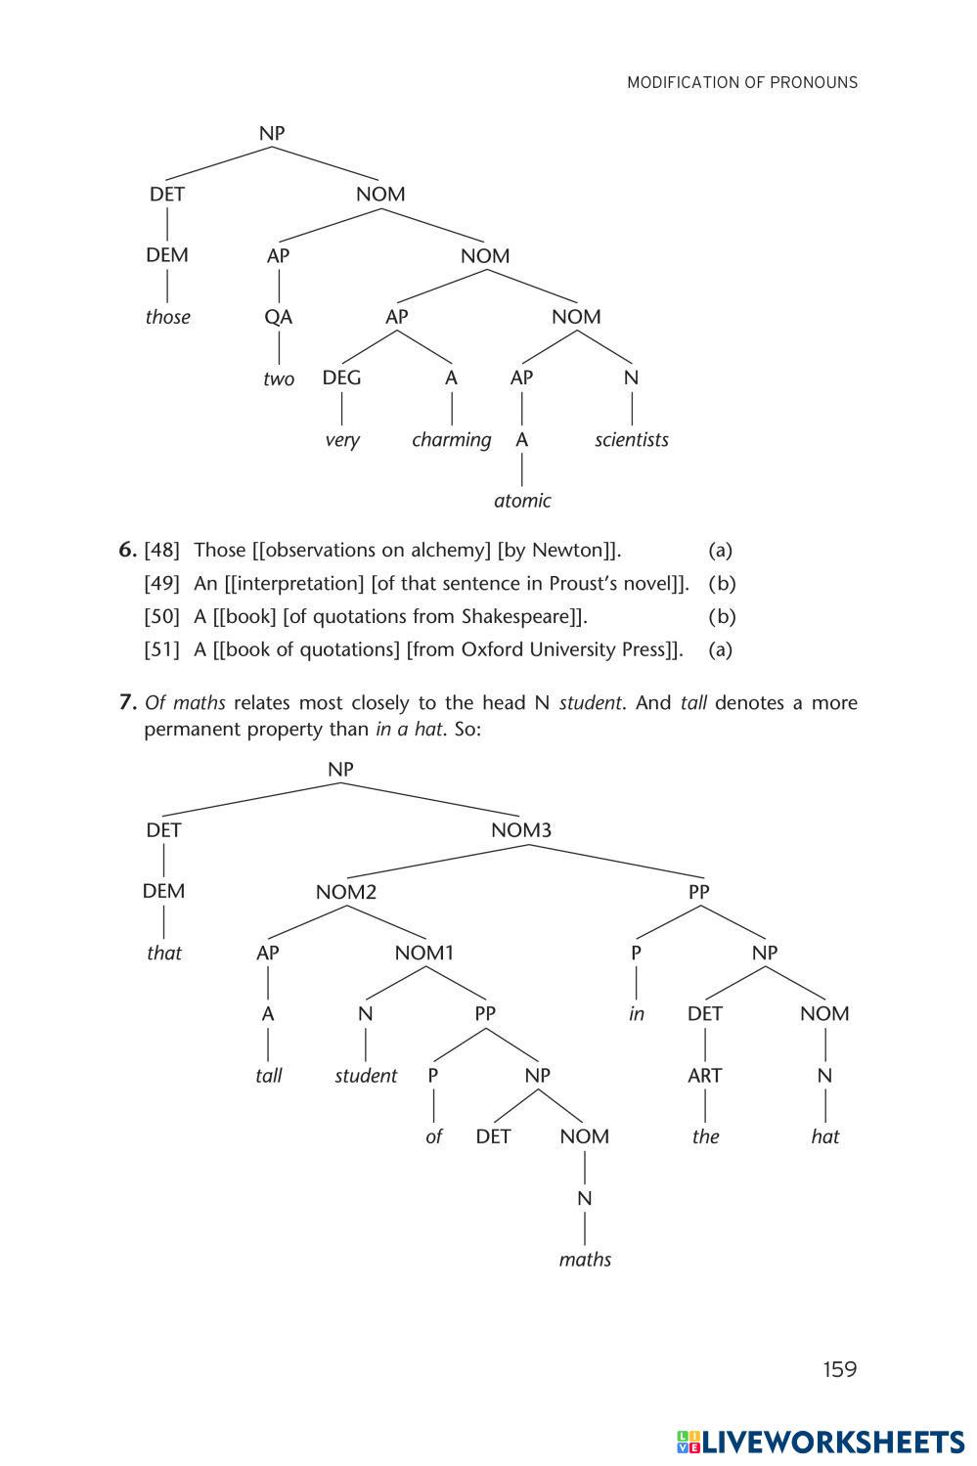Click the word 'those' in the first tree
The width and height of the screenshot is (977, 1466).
coord(167,317)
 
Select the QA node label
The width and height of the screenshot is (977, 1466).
coord(279,317)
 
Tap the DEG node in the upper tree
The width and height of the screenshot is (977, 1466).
coord(341,378)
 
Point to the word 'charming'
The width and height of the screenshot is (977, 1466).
coord(451,439)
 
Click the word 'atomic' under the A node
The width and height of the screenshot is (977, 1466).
coord(522,501)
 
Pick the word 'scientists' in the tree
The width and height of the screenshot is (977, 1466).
coord(632,439)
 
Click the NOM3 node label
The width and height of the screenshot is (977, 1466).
coord(521,830)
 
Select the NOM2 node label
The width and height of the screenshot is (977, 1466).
coord(345,892)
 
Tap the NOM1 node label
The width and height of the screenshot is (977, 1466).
coord(424,953)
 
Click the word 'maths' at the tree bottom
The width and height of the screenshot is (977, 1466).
coord(585,1260)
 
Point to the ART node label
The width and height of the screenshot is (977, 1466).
coord(704,1076)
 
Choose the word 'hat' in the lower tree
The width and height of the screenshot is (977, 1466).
coord(825,1136)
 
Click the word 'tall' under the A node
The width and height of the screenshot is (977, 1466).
coord(268,1076)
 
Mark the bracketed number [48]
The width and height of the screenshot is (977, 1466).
coord(162,550)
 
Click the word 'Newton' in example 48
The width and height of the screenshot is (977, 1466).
coord(565,550)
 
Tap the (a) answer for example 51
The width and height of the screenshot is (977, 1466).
coord(720,649)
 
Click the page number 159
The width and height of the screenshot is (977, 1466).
coord(839,1369)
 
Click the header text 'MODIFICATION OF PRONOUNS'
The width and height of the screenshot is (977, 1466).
coord(742,83)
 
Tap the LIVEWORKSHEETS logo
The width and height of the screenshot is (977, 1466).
coord(820,1442)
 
